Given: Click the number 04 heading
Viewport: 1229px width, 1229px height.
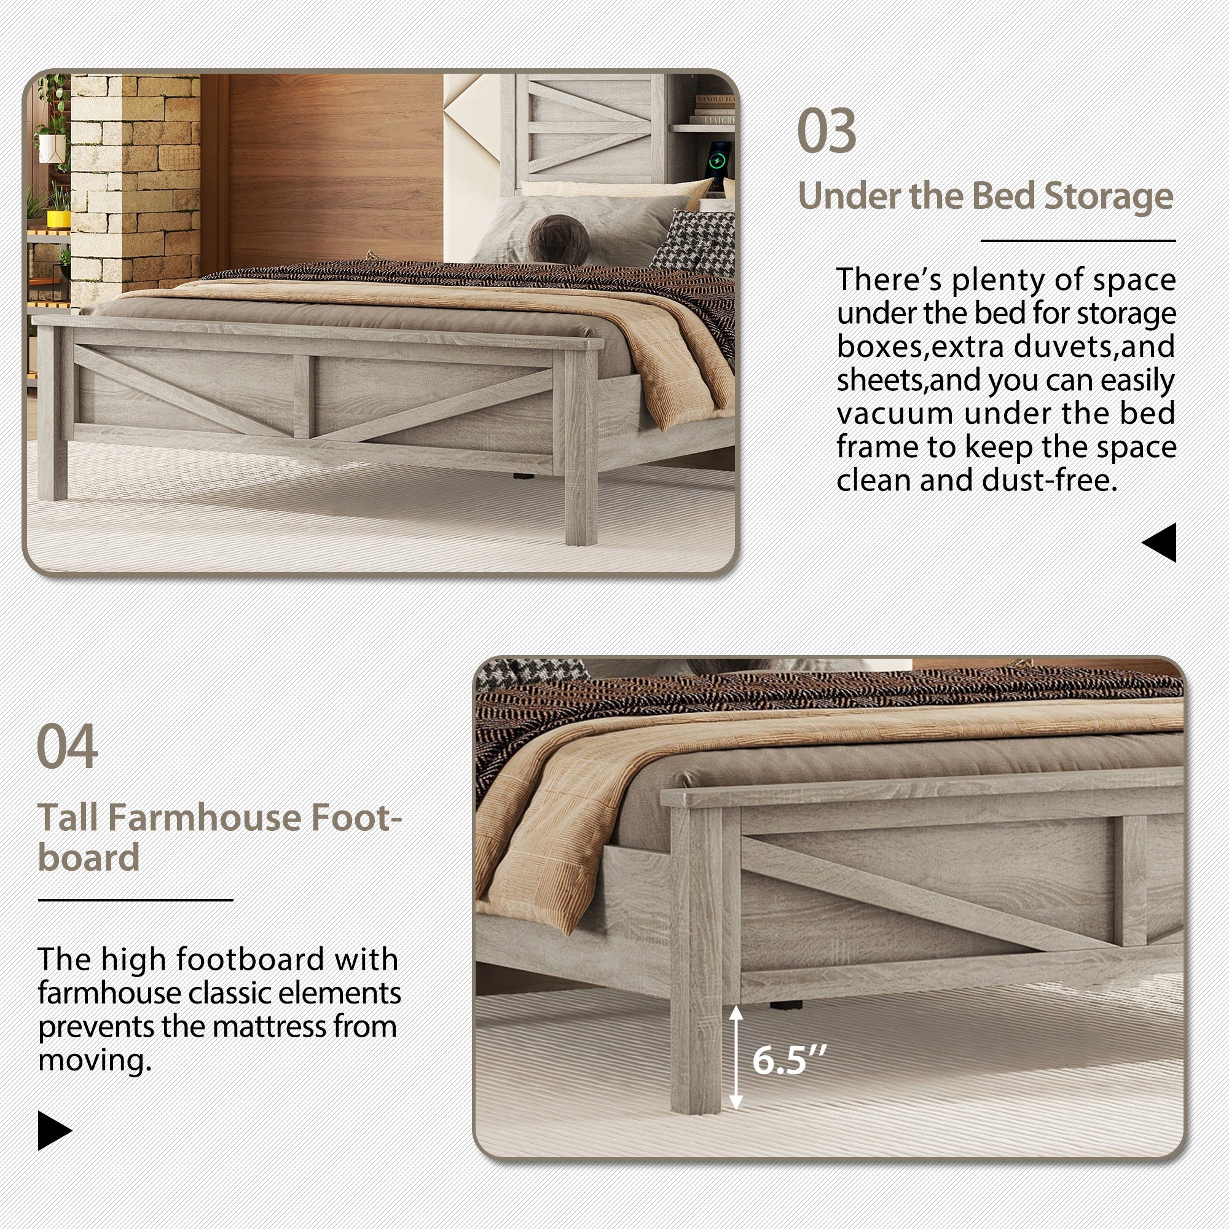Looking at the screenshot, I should (x=68, y=747).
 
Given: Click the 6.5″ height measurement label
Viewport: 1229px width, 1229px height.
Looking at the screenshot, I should (x=789, y=1060).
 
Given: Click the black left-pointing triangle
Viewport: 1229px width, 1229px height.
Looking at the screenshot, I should (x=1160, y=543).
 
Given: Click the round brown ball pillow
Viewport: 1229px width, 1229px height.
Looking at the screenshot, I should (x=559, y=239).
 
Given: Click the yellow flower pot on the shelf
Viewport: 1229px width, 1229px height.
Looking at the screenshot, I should (x=58, y=218).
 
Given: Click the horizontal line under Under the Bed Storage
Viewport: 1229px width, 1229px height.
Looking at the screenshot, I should (x=1078, y=241).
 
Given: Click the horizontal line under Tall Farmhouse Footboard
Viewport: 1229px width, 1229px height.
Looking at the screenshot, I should (x=135, y=900).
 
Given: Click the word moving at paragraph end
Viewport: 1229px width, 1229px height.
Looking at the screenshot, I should (x=93, y=1061).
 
